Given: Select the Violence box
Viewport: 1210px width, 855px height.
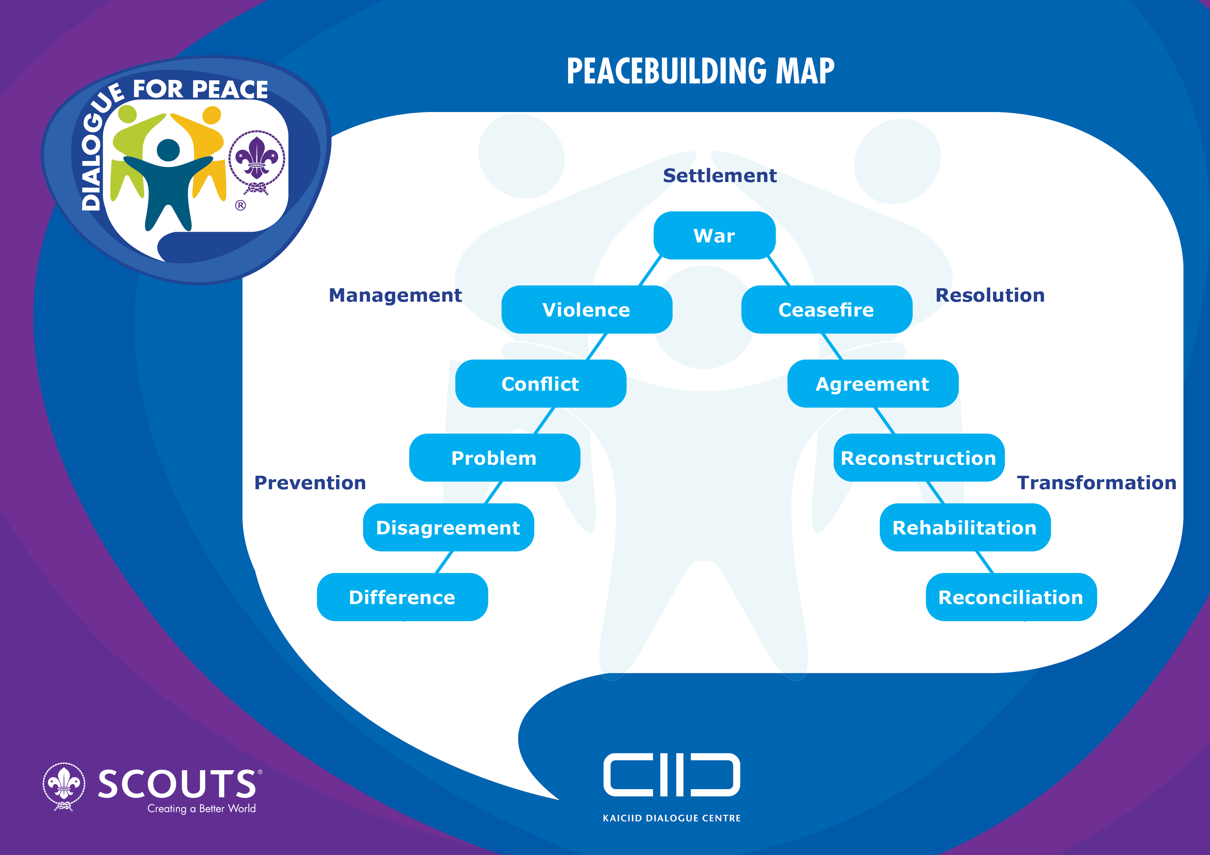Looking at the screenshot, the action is coord(587,310).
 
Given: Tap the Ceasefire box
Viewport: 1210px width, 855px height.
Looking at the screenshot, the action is coord(826,310).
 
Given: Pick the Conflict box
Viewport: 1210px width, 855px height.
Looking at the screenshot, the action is coord(541,383).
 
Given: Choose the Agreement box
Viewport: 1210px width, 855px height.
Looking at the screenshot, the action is coord(873,383).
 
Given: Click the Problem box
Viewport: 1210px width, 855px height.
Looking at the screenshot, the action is coord(494,458).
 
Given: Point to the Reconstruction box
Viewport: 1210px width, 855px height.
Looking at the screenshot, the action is coord(919,458).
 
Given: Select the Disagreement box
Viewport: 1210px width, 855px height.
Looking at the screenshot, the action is coord(448,527).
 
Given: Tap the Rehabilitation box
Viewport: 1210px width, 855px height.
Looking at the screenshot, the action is coord(965,527).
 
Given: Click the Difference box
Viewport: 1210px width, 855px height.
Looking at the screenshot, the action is coord(402,597).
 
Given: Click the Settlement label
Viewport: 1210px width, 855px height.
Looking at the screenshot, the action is coord(720,175).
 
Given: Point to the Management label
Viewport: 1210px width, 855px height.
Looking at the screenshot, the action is coord(395,295).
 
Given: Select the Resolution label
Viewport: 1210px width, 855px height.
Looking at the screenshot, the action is coord(990,295).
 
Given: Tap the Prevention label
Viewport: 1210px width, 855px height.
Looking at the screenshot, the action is coord(310,483).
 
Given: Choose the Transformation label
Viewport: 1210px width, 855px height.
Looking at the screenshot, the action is coord(1097,483).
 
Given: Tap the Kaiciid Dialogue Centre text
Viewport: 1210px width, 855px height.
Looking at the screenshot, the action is coord(672,818).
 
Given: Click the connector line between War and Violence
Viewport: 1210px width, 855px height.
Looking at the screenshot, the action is coord(650,271).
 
